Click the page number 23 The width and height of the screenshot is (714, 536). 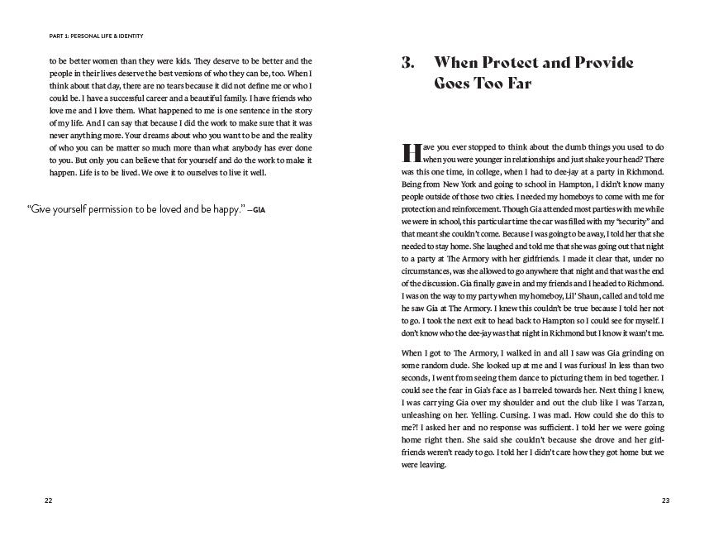point(666,501)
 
